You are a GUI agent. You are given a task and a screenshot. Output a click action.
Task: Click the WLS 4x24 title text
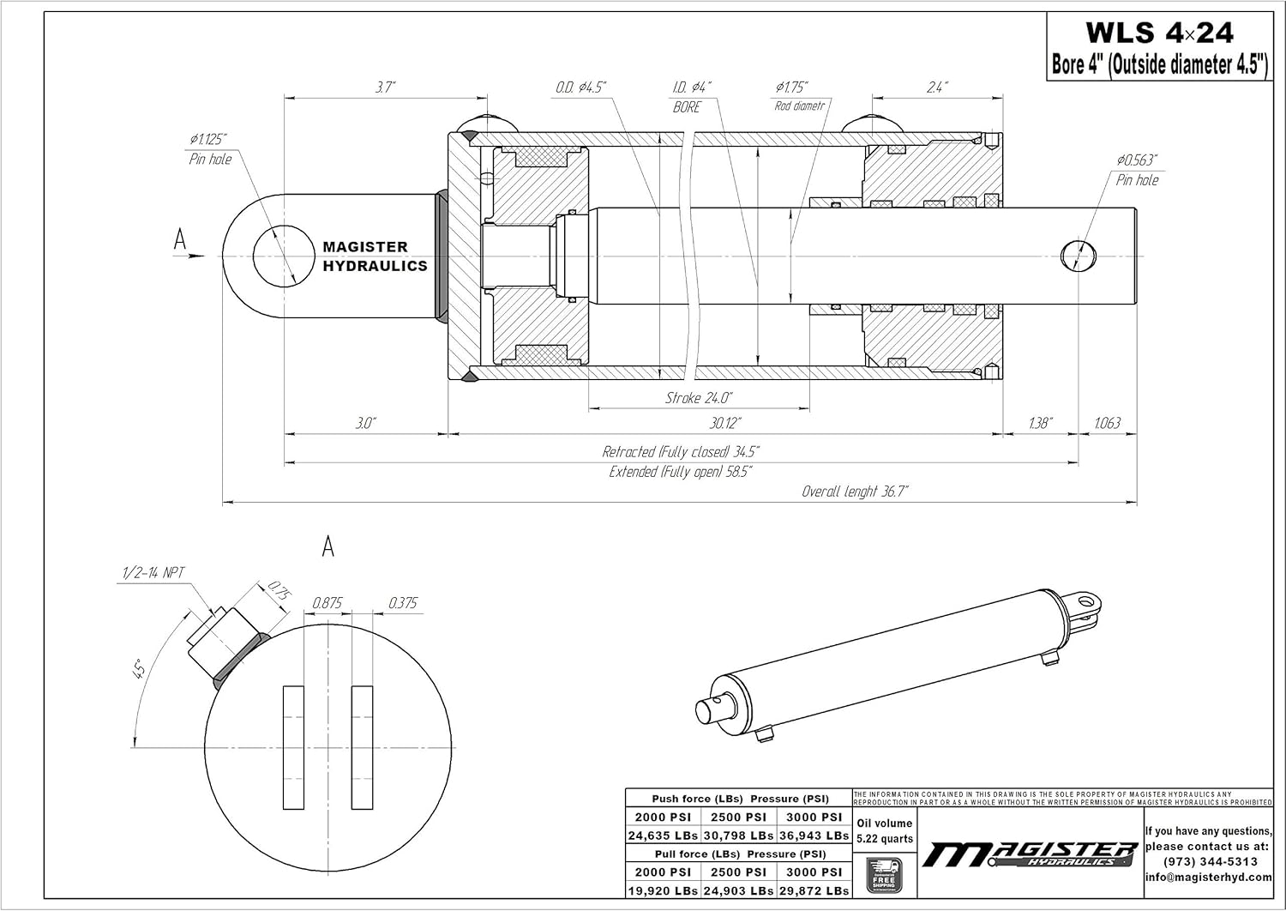[x=1159, y=33]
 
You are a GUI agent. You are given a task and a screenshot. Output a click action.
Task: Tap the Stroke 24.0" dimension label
[x=699, y=398]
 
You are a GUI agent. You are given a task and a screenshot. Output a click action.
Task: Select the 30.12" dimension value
[x=725, y=423]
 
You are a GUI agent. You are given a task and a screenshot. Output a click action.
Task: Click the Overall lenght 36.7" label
[x=854, y=492]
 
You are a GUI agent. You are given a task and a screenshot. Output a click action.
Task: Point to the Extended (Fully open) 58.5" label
[x=680, y=472]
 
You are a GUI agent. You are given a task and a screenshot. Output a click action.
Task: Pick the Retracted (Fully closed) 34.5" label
[x=680, y=452]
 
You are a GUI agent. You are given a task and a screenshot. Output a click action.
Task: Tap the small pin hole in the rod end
[x=1078, y=255]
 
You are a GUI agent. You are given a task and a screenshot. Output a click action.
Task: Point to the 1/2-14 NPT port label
[x=151, y=573]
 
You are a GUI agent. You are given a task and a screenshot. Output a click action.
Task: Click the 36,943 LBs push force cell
[x=814, y=836]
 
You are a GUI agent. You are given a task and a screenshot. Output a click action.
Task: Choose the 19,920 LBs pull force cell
[x=662, y=891]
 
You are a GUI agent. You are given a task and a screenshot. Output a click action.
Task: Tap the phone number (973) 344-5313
[x=1210, y=861]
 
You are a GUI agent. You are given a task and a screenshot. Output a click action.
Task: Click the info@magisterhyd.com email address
[x=1210, y=877]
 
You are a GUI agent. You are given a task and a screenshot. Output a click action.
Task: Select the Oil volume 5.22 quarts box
[x=885, y=830]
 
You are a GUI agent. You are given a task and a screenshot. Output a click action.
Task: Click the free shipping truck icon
[x=883, y=875]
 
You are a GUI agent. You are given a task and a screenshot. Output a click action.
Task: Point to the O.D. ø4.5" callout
[x=580, y=87]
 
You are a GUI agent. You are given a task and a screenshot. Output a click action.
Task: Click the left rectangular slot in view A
[x=294, y=747]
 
